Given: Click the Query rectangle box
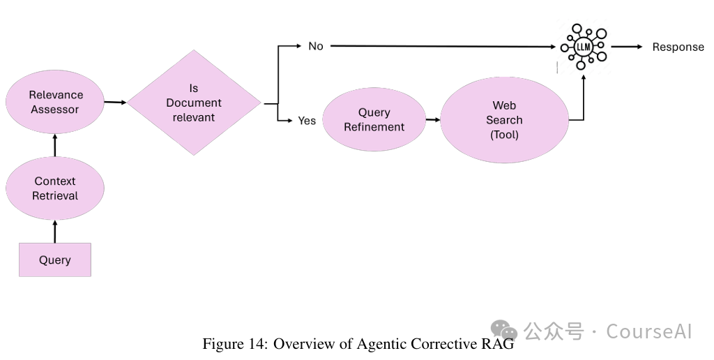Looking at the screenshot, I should click(x=54, y=260).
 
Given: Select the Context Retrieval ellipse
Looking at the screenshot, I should click(x=55, y=188).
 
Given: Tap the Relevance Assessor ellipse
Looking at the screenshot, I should click(x=55, y=102).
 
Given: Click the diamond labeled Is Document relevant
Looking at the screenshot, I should click(x=194, y=103).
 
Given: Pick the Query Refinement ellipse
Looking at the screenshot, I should click(x=374, y=119).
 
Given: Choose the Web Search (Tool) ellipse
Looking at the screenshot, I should click(x=504, y=120).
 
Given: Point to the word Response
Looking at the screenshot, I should click(x=678, y=47).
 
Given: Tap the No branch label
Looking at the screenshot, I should click(x=316, y=46).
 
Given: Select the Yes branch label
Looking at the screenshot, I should click(x=307, y=121).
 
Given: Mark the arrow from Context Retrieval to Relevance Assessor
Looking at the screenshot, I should click(x=55, y=145).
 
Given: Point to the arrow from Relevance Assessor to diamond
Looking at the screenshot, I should click(x=115, y=103).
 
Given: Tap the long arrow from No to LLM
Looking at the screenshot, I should click(x=446, y=47).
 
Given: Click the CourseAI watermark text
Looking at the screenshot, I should click(x=648, y=331).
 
